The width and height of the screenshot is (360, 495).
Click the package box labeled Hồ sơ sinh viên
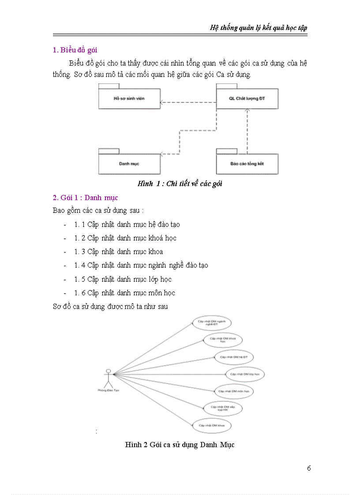[x=129, y=98]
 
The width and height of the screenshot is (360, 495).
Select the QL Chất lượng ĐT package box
[x=247, y=98]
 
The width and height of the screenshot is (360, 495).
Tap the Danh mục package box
[x=129, y=163]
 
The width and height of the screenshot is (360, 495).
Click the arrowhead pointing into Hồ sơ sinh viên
[x=162, y=103]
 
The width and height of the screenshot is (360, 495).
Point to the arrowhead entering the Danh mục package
[x=162, y=154]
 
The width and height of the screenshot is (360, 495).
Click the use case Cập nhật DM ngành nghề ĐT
[x=211, y=324]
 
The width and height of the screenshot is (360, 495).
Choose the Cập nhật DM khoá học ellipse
[x=222, y=339]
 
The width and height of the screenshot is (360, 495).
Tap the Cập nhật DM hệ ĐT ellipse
[x=234, y=357]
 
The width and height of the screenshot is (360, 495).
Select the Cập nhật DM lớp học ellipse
[x=245, y=374]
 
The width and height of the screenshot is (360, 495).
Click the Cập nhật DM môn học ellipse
[x=234, y=391]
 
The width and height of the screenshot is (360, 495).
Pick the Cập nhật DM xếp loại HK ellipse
[x=222, y=409]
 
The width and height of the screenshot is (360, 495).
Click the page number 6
[x=309, y=468]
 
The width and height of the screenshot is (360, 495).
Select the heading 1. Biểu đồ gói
[x=78, y=50]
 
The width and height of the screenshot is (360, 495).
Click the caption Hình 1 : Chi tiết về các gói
[x=180, y=184]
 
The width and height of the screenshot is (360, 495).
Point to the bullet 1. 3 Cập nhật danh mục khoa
[x=119, y=252]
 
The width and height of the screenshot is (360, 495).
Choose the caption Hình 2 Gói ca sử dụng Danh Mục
[x=180, y=445]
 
